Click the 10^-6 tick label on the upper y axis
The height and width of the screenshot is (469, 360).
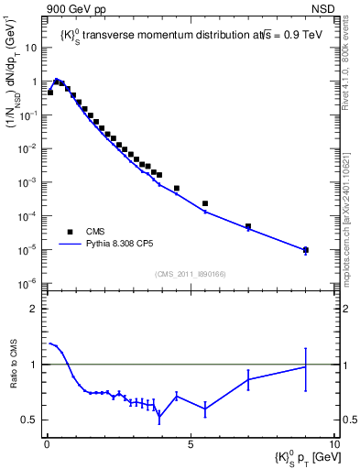coord(27,283)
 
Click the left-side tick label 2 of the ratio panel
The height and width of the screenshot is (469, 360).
coord(37,309)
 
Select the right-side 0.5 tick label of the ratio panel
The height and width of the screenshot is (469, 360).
coord(348,420)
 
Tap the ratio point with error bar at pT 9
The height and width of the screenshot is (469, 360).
coord(305,366)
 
